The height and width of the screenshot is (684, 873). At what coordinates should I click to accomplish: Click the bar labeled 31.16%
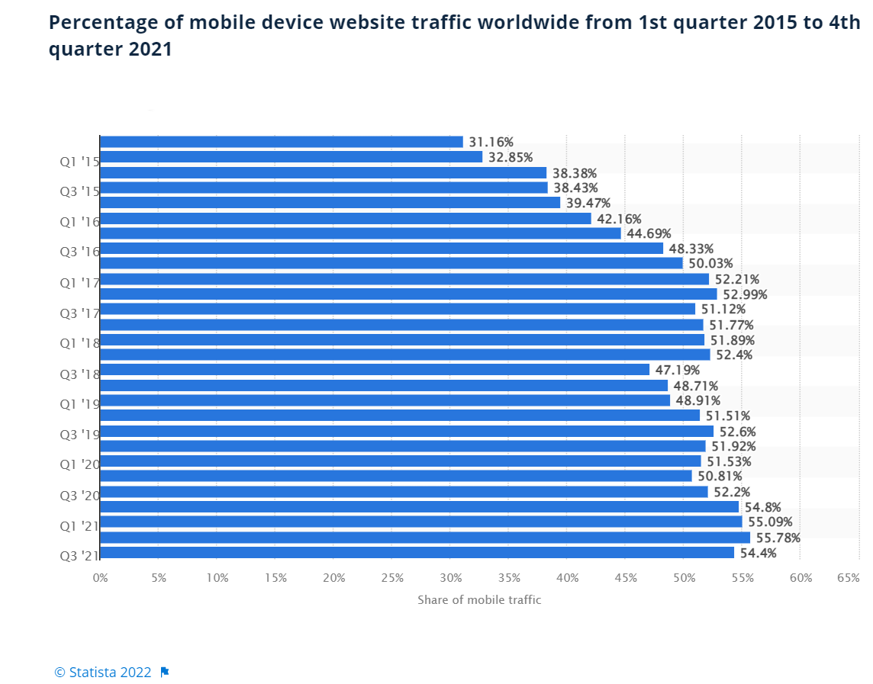click(x=281, y=142)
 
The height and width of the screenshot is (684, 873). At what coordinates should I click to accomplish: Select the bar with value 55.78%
click(x=424, y=538)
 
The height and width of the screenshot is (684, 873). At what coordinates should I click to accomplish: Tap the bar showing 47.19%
click(x=374, y=370)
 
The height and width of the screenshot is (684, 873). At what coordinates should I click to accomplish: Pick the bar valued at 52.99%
click(x=408, y=294)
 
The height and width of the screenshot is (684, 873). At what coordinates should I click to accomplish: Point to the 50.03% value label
click(x=710, y=264)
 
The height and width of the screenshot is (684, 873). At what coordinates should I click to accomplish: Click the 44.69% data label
click(x=649, y=233)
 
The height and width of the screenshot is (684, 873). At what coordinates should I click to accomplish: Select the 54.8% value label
click(x=762, y=507)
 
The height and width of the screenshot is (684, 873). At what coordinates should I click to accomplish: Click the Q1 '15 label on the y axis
click(x=79, y=161)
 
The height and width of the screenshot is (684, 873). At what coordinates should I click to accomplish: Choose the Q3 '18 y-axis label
click(x=79, y=374)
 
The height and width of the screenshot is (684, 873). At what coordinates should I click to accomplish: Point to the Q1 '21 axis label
click(x=79, y=525)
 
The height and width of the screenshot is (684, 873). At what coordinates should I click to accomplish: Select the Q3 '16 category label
click(x=79, y=252)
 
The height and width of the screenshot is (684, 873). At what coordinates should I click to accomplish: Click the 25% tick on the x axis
click(x=392, y=578)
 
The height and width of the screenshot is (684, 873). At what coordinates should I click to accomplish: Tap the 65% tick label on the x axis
click(x=848, y=578)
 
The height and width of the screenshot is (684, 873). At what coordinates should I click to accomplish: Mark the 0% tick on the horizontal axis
click(x=100, y=578)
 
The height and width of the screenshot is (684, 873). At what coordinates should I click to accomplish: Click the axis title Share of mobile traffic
click(x=479, y=600)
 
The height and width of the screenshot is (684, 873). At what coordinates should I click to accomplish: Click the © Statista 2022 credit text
click(x=103, y=672)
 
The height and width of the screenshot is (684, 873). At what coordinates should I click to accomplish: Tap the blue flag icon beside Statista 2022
click(x=165, y=672)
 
